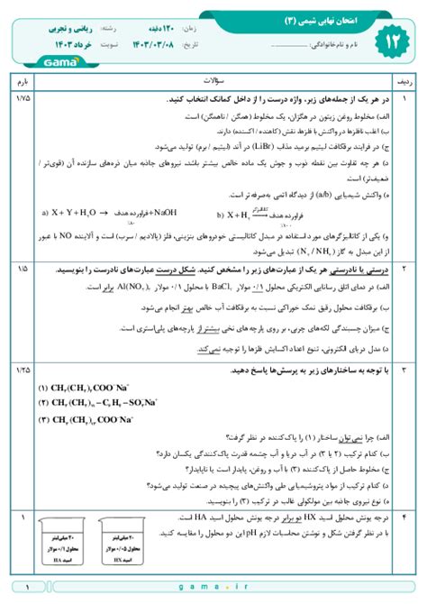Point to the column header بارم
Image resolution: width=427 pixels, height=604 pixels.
pyautogui.click(x=22, y=81)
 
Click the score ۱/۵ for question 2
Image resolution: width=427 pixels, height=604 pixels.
pyautogui.click(x=22, y=269)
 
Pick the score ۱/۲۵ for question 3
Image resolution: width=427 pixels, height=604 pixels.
pyautogui.click(x=22, y=371)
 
